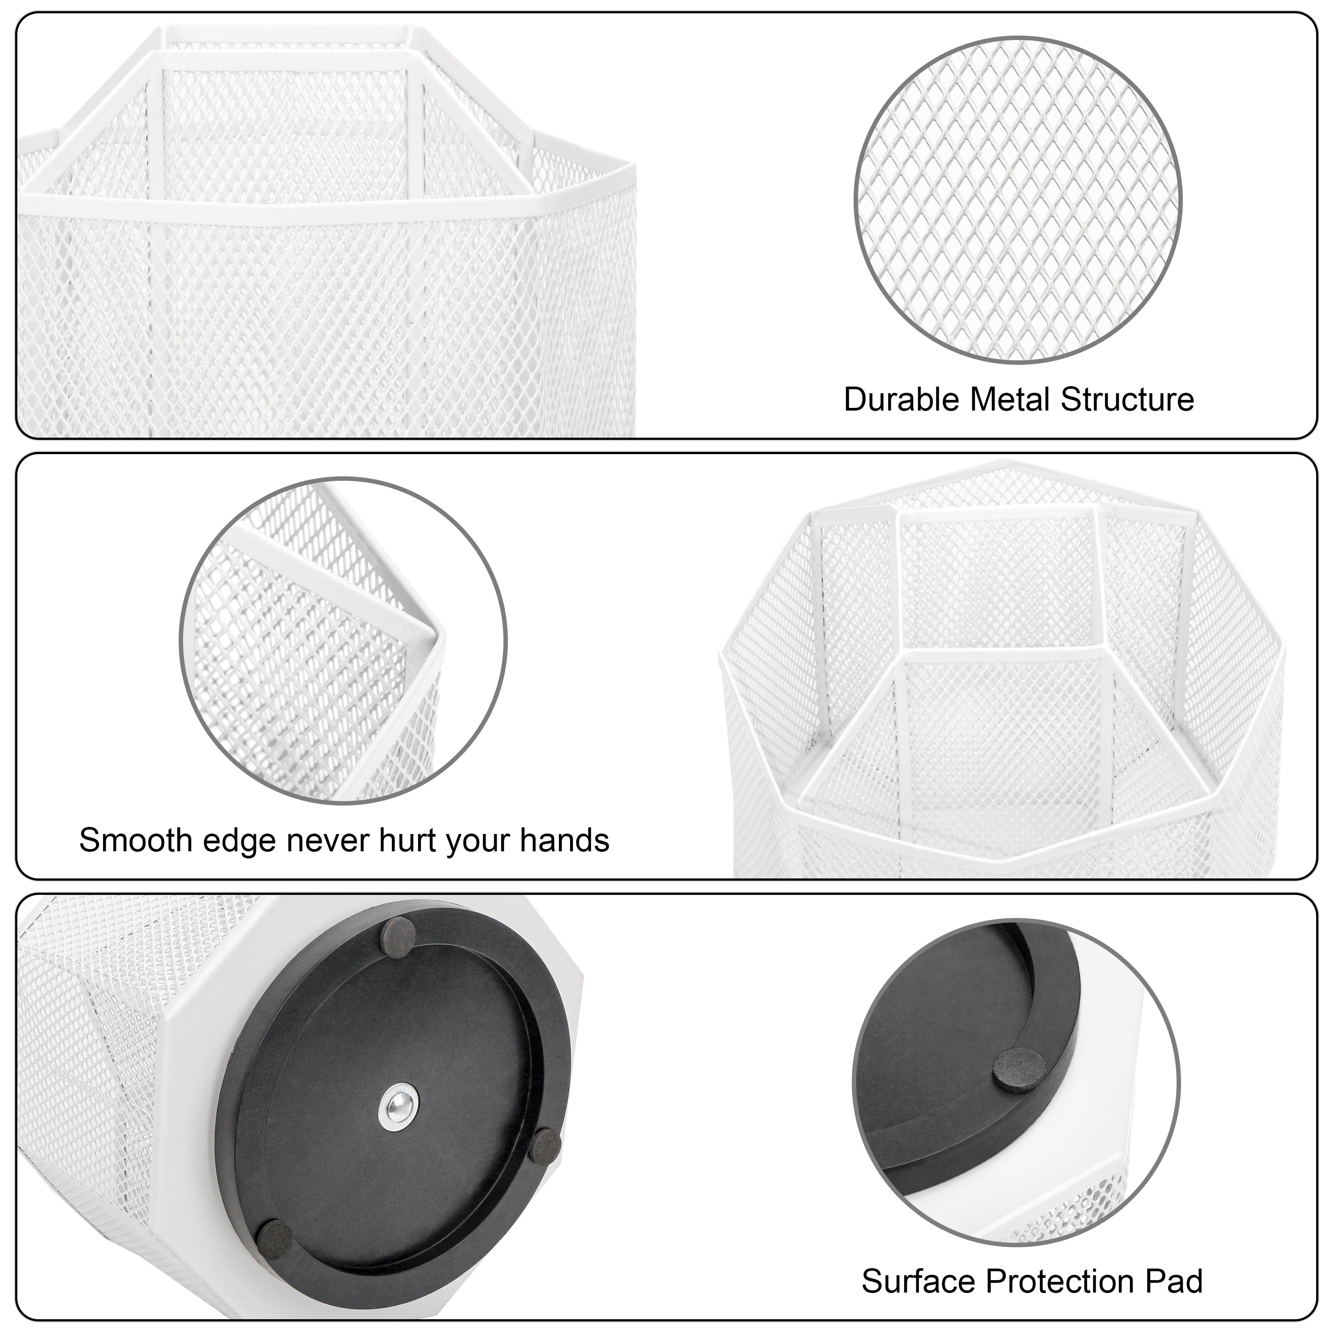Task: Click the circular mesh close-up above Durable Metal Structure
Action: coord(1018,200)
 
